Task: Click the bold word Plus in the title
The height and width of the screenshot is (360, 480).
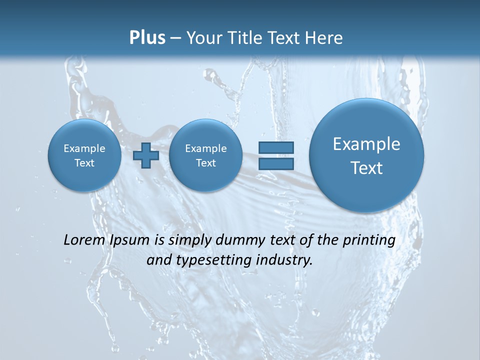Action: pyautogui.click(x=147, y=38)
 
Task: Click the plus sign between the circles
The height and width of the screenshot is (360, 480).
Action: pyautogui.click(x=145, y=155)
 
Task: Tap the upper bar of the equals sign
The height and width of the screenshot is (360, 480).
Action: pyautogui.click(x=275, y=147)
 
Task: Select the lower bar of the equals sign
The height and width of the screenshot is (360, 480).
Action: pyautogui.click(x=275, y=163)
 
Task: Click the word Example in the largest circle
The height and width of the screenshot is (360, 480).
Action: pyautogui.click(x=366, y=144)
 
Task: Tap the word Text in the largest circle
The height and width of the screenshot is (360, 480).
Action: pyautogui.click(x=366, y=168)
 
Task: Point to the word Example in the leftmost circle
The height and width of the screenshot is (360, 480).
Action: pyautogui.click(x=84, y=148)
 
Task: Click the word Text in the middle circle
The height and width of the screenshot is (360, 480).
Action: pyautogui.click(x=205, y=163)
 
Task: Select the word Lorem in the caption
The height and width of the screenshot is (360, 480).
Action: pyautogui.click(x=83, y=240)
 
